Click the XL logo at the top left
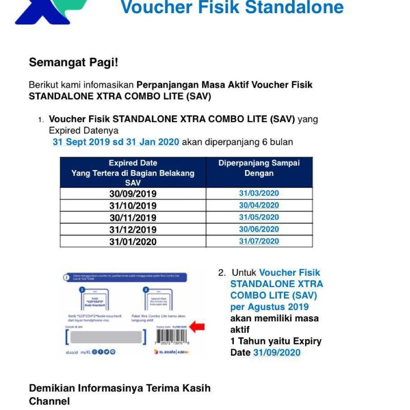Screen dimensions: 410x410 pos(50,11)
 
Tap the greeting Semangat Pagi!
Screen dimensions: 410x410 pos(73,62)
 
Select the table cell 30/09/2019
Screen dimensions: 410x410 pos(133,194)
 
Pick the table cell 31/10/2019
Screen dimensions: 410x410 pos(133,206)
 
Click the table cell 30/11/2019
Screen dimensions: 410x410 pos(133,218)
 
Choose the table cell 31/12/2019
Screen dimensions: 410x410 pos(133,230)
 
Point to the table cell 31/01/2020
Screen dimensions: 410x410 pos(133,242)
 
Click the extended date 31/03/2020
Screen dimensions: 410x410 pos(259,193)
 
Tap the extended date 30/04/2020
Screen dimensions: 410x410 pos(259,205)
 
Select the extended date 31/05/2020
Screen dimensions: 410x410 pos(259,217)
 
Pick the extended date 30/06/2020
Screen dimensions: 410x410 pos(259,229)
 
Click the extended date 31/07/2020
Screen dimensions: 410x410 pos(259,241)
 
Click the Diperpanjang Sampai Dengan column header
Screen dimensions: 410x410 pos(259,168)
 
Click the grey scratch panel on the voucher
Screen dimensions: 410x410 pos(106,337)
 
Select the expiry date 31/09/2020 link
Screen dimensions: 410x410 pos(277,353)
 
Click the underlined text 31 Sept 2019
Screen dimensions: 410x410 pos(81,142)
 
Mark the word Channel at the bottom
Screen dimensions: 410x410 pos(49,401)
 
